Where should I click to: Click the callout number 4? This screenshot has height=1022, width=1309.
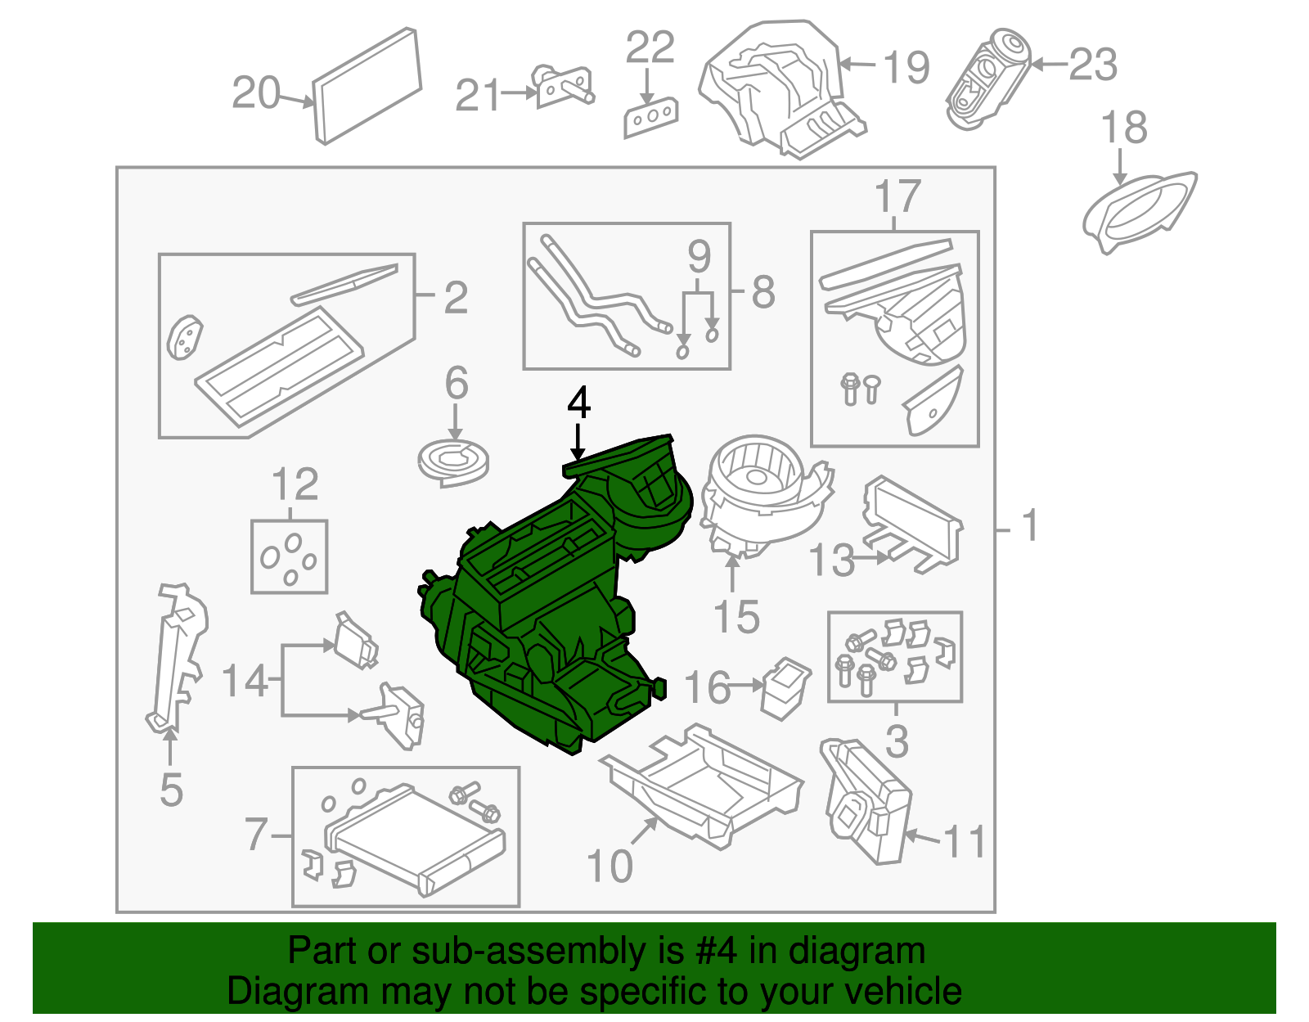578,403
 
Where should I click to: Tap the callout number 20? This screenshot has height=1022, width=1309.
256,92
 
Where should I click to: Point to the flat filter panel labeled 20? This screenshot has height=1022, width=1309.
367,86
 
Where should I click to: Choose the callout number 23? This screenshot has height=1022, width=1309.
1093,65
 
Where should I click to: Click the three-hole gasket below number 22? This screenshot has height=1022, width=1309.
650,118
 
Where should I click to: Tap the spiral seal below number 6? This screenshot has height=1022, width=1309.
453,463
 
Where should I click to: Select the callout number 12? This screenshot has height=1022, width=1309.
295,484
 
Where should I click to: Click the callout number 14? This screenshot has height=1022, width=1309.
245,681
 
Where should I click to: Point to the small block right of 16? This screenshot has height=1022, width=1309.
786,688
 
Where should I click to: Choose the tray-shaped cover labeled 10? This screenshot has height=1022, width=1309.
702,786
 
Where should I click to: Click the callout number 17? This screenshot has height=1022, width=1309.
897,195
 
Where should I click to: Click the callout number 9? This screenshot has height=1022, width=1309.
699,257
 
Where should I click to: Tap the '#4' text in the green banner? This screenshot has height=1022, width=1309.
716,951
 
